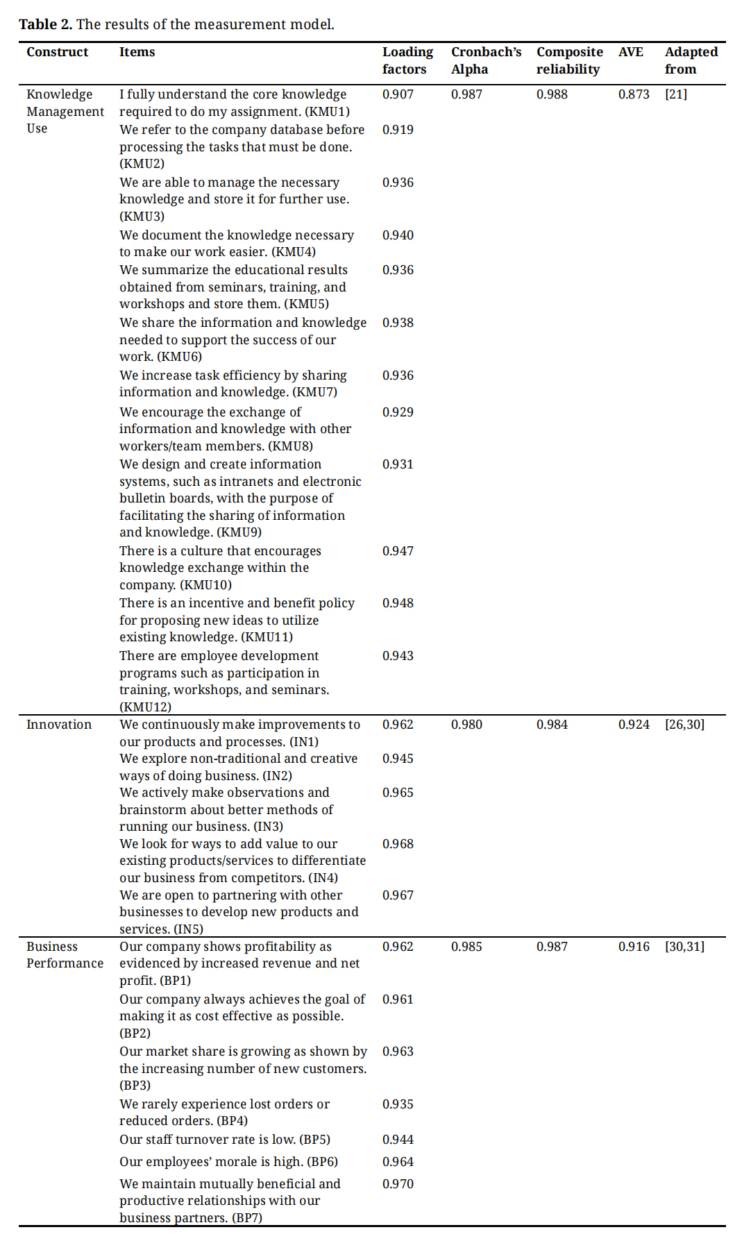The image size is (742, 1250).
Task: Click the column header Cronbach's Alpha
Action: (485, 60)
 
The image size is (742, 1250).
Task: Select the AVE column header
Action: (630, 52)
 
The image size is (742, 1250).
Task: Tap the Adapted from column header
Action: (691, 60)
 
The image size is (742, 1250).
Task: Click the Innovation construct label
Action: (59, 725)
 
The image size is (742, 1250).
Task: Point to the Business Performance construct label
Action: (65, 955)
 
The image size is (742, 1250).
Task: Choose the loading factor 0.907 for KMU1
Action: (398, 94)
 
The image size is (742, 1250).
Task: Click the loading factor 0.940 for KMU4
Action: (398, 235)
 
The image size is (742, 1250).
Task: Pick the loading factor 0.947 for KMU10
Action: (398, 551)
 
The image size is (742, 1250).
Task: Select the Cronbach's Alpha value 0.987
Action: (466, 94)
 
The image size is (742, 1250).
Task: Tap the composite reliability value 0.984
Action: (552, 725)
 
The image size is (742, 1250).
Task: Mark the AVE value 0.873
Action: (634, 94)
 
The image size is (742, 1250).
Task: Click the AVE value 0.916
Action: (634, 947)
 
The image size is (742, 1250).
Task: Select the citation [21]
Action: (676, 94)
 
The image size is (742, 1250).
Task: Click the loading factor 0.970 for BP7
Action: (398, 1184)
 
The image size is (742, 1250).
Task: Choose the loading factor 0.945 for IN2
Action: (398, 759)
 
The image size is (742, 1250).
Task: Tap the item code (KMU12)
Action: (145, 707)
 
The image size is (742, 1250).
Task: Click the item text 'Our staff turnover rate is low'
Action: (208, 1140)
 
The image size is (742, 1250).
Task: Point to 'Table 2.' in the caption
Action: (45, 24)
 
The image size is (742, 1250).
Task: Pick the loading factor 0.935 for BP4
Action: (398, 1104)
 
